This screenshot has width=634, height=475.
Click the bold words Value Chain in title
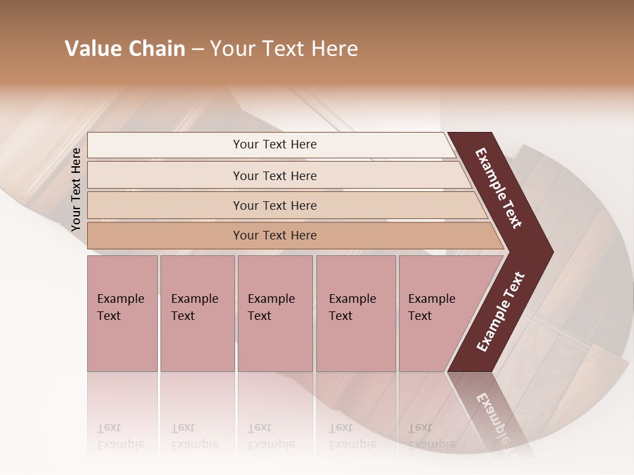[125, 49]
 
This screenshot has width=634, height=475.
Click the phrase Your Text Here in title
[284, 49]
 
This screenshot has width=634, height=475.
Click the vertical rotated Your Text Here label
[76, 189]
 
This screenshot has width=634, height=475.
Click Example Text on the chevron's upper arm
[499, 188]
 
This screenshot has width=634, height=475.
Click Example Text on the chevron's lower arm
[501, 311]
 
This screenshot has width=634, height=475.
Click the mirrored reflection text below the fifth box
[432, 436]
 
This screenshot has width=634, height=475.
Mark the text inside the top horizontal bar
[275, 144]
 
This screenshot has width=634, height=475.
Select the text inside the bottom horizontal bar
[275, 236]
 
